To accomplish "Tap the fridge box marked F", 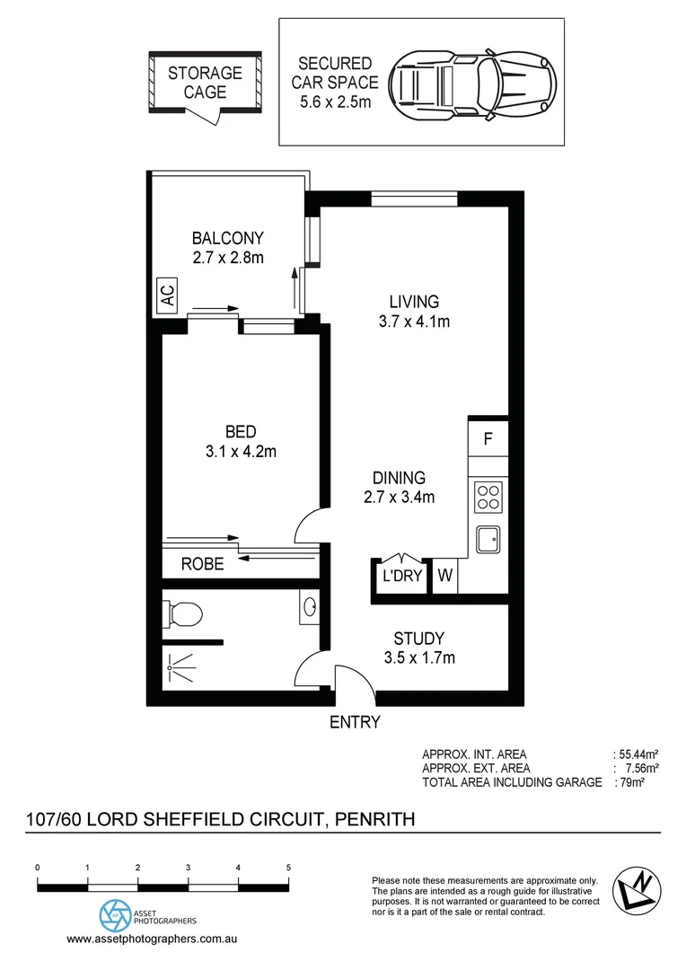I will pos(488,440).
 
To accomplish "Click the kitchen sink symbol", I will pos(488,540).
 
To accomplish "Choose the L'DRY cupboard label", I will pos(401,577).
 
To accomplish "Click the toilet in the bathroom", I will pos(183,614).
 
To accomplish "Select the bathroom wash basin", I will pos(309,608).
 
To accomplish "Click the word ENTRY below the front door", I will pos(355,722).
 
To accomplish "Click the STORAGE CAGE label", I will pos(205,82).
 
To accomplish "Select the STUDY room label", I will pos(419,639).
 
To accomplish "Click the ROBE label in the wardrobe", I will pos(202,565).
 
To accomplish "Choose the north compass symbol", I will pos(636,890).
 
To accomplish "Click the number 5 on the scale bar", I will pos(288,869).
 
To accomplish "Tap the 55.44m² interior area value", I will pos(638,754).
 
